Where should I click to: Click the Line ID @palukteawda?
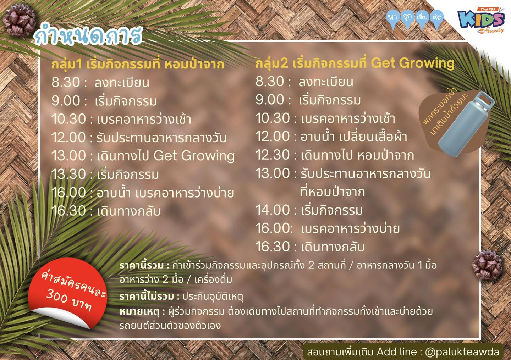(x=462, y=351)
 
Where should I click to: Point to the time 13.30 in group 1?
(x=69, y=174)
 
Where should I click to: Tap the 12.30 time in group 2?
(x=273, y=155)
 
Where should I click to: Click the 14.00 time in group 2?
(x=273, y=210)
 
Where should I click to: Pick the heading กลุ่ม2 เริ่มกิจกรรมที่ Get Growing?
(x=355, y=63)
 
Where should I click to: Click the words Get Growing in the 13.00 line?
(x=194, y=156)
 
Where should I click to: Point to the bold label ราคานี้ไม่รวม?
(x=147, y=296)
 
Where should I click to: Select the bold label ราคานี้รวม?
(x=142, y=265)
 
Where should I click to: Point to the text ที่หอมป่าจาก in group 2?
(x=333, y=192)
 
